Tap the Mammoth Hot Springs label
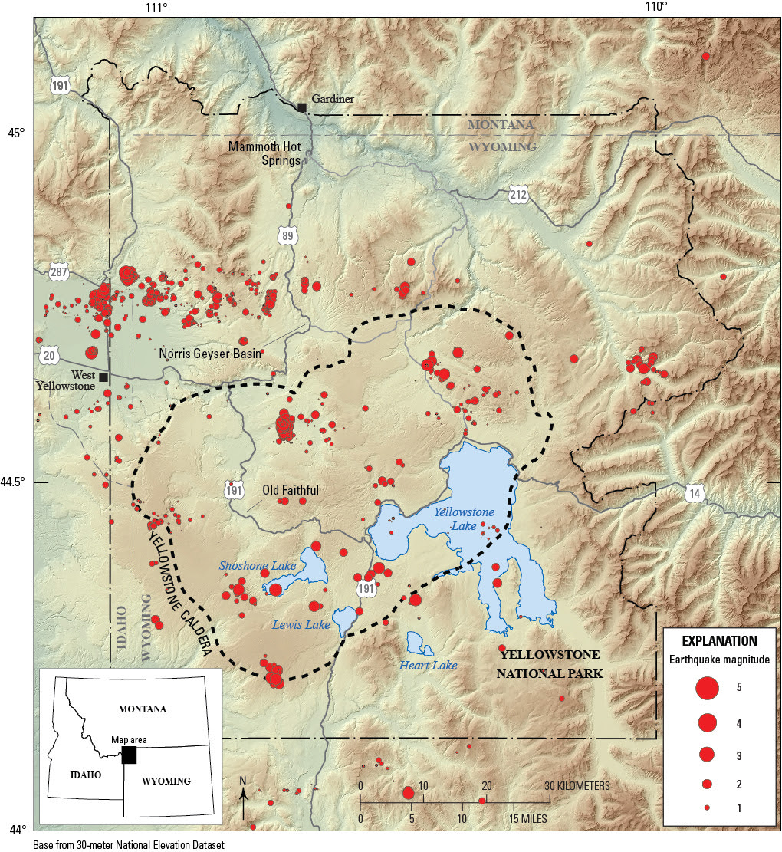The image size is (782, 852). pos(267,153)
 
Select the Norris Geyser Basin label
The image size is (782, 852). pos(210,354)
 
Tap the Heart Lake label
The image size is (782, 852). pos(428,665)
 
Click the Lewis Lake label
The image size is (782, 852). pos(301,625)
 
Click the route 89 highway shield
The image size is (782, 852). pos(287,236)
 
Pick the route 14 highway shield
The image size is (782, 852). pos(695,494)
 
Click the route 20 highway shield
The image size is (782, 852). pos(49,356)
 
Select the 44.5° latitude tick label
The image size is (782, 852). pos(17,482)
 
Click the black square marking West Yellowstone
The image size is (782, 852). pos(103,377)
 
